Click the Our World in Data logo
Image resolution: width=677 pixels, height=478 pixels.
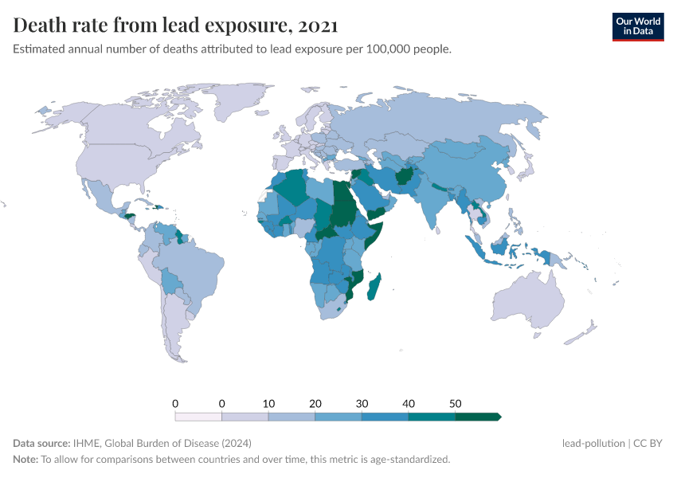click(637, 26)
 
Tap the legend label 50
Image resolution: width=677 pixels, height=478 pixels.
click(456, 402)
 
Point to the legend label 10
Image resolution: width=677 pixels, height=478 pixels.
click(268, 402)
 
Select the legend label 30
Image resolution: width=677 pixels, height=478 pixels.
click(362, 402)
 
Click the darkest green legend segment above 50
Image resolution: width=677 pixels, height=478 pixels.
click(477, 416)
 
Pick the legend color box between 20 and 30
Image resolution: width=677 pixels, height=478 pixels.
click(338, 416)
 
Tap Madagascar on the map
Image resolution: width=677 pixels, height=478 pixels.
click(374, 287)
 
